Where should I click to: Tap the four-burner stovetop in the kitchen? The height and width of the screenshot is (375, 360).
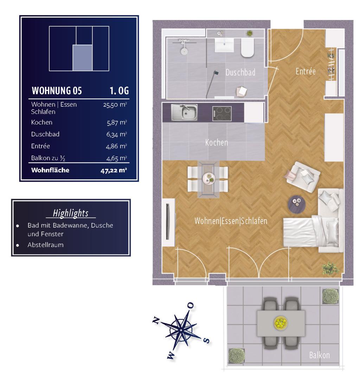222,114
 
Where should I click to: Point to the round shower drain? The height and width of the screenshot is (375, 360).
184,51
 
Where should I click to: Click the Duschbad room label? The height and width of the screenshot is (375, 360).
240,72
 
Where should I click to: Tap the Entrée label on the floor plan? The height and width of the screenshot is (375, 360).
306,71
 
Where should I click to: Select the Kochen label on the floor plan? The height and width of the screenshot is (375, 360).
216,143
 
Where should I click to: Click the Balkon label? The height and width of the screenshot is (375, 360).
319,355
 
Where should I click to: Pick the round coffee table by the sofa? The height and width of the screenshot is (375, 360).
296,204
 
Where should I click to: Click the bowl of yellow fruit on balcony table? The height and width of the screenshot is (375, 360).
281,323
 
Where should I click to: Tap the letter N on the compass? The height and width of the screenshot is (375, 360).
156,320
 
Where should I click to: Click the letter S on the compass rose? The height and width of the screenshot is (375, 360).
206,340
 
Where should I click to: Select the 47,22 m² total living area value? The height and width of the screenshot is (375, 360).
114,170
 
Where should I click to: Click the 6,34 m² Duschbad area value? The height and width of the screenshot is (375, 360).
116,134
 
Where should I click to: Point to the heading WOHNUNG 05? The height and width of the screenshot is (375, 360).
57,91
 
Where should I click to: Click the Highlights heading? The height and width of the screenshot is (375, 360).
71,213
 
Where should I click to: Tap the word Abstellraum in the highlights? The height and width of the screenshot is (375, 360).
45,245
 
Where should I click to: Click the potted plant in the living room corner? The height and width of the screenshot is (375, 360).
331,268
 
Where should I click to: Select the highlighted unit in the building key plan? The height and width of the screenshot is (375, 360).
83,58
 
